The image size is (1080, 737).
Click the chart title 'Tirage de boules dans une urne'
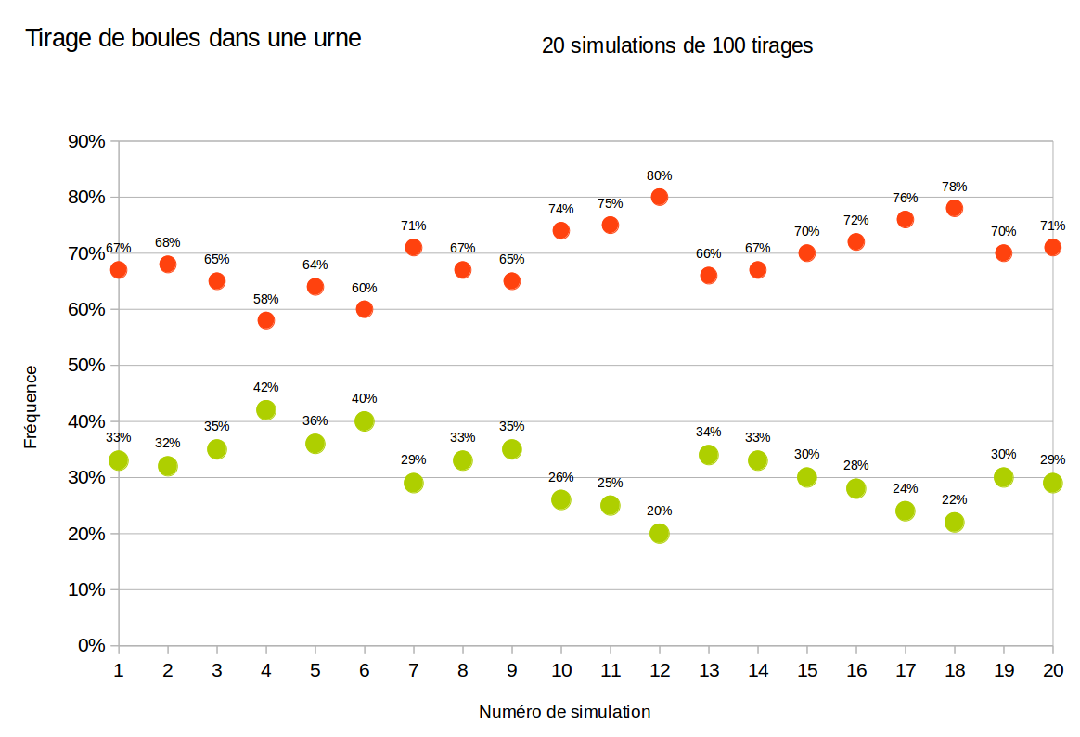tap(193, 39)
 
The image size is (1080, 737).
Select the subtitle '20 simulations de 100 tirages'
tap(677, 45)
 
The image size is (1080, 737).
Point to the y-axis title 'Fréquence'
tap(31, 407)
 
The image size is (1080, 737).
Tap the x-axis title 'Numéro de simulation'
tap(564, 712)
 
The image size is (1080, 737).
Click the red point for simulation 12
tap(660, 197)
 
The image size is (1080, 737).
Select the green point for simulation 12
tap(660, 533)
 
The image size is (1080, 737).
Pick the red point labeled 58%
tap(266, 320)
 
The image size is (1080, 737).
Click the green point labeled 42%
tap(266, 409)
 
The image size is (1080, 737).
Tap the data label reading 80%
tap(660, 175)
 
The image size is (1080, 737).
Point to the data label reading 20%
tap(660, 511)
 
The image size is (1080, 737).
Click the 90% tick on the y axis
tap(86, 141)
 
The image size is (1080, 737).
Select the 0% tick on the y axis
tap(91, 645)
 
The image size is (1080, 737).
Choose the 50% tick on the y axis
tap(86, 365)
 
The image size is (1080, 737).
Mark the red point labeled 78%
tap(954, 208)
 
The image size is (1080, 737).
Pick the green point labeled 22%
tap(954, 522)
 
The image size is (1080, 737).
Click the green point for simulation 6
tap(365, 420)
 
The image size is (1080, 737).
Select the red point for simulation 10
tap(561, 230)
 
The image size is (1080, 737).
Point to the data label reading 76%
tap(906, 198)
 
